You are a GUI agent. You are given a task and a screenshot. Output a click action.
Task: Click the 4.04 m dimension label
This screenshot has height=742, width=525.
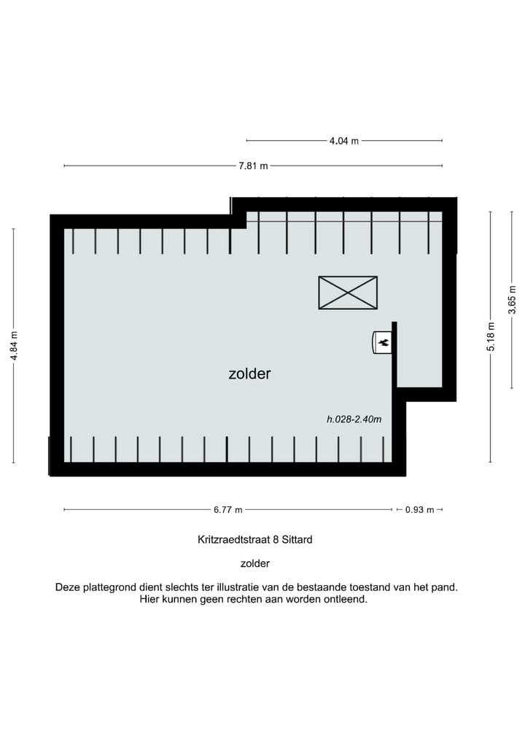344,141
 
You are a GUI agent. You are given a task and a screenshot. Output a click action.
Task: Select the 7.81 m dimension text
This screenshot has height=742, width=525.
253,166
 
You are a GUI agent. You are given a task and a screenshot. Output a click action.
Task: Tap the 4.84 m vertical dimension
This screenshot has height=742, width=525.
14,345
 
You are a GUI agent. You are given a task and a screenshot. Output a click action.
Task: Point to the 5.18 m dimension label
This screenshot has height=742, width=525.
491,336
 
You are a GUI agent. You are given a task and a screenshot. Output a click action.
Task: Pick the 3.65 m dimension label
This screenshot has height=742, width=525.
513,300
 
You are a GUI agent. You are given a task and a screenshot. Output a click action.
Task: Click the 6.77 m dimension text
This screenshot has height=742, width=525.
228,510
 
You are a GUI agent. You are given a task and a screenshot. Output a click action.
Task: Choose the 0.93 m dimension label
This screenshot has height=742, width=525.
419,510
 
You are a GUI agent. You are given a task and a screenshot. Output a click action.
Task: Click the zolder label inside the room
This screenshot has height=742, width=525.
249,374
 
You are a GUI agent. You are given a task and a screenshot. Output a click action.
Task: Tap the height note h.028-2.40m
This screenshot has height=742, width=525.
354,420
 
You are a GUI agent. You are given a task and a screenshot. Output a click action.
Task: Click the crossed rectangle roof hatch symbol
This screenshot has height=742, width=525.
348,293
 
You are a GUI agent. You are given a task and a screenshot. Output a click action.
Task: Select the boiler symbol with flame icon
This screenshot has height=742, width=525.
382,342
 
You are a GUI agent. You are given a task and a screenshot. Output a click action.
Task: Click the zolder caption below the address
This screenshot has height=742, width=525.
255,563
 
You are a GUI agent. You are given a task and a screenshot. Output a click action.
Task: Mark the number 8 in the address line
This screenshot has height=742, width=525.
274,541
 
